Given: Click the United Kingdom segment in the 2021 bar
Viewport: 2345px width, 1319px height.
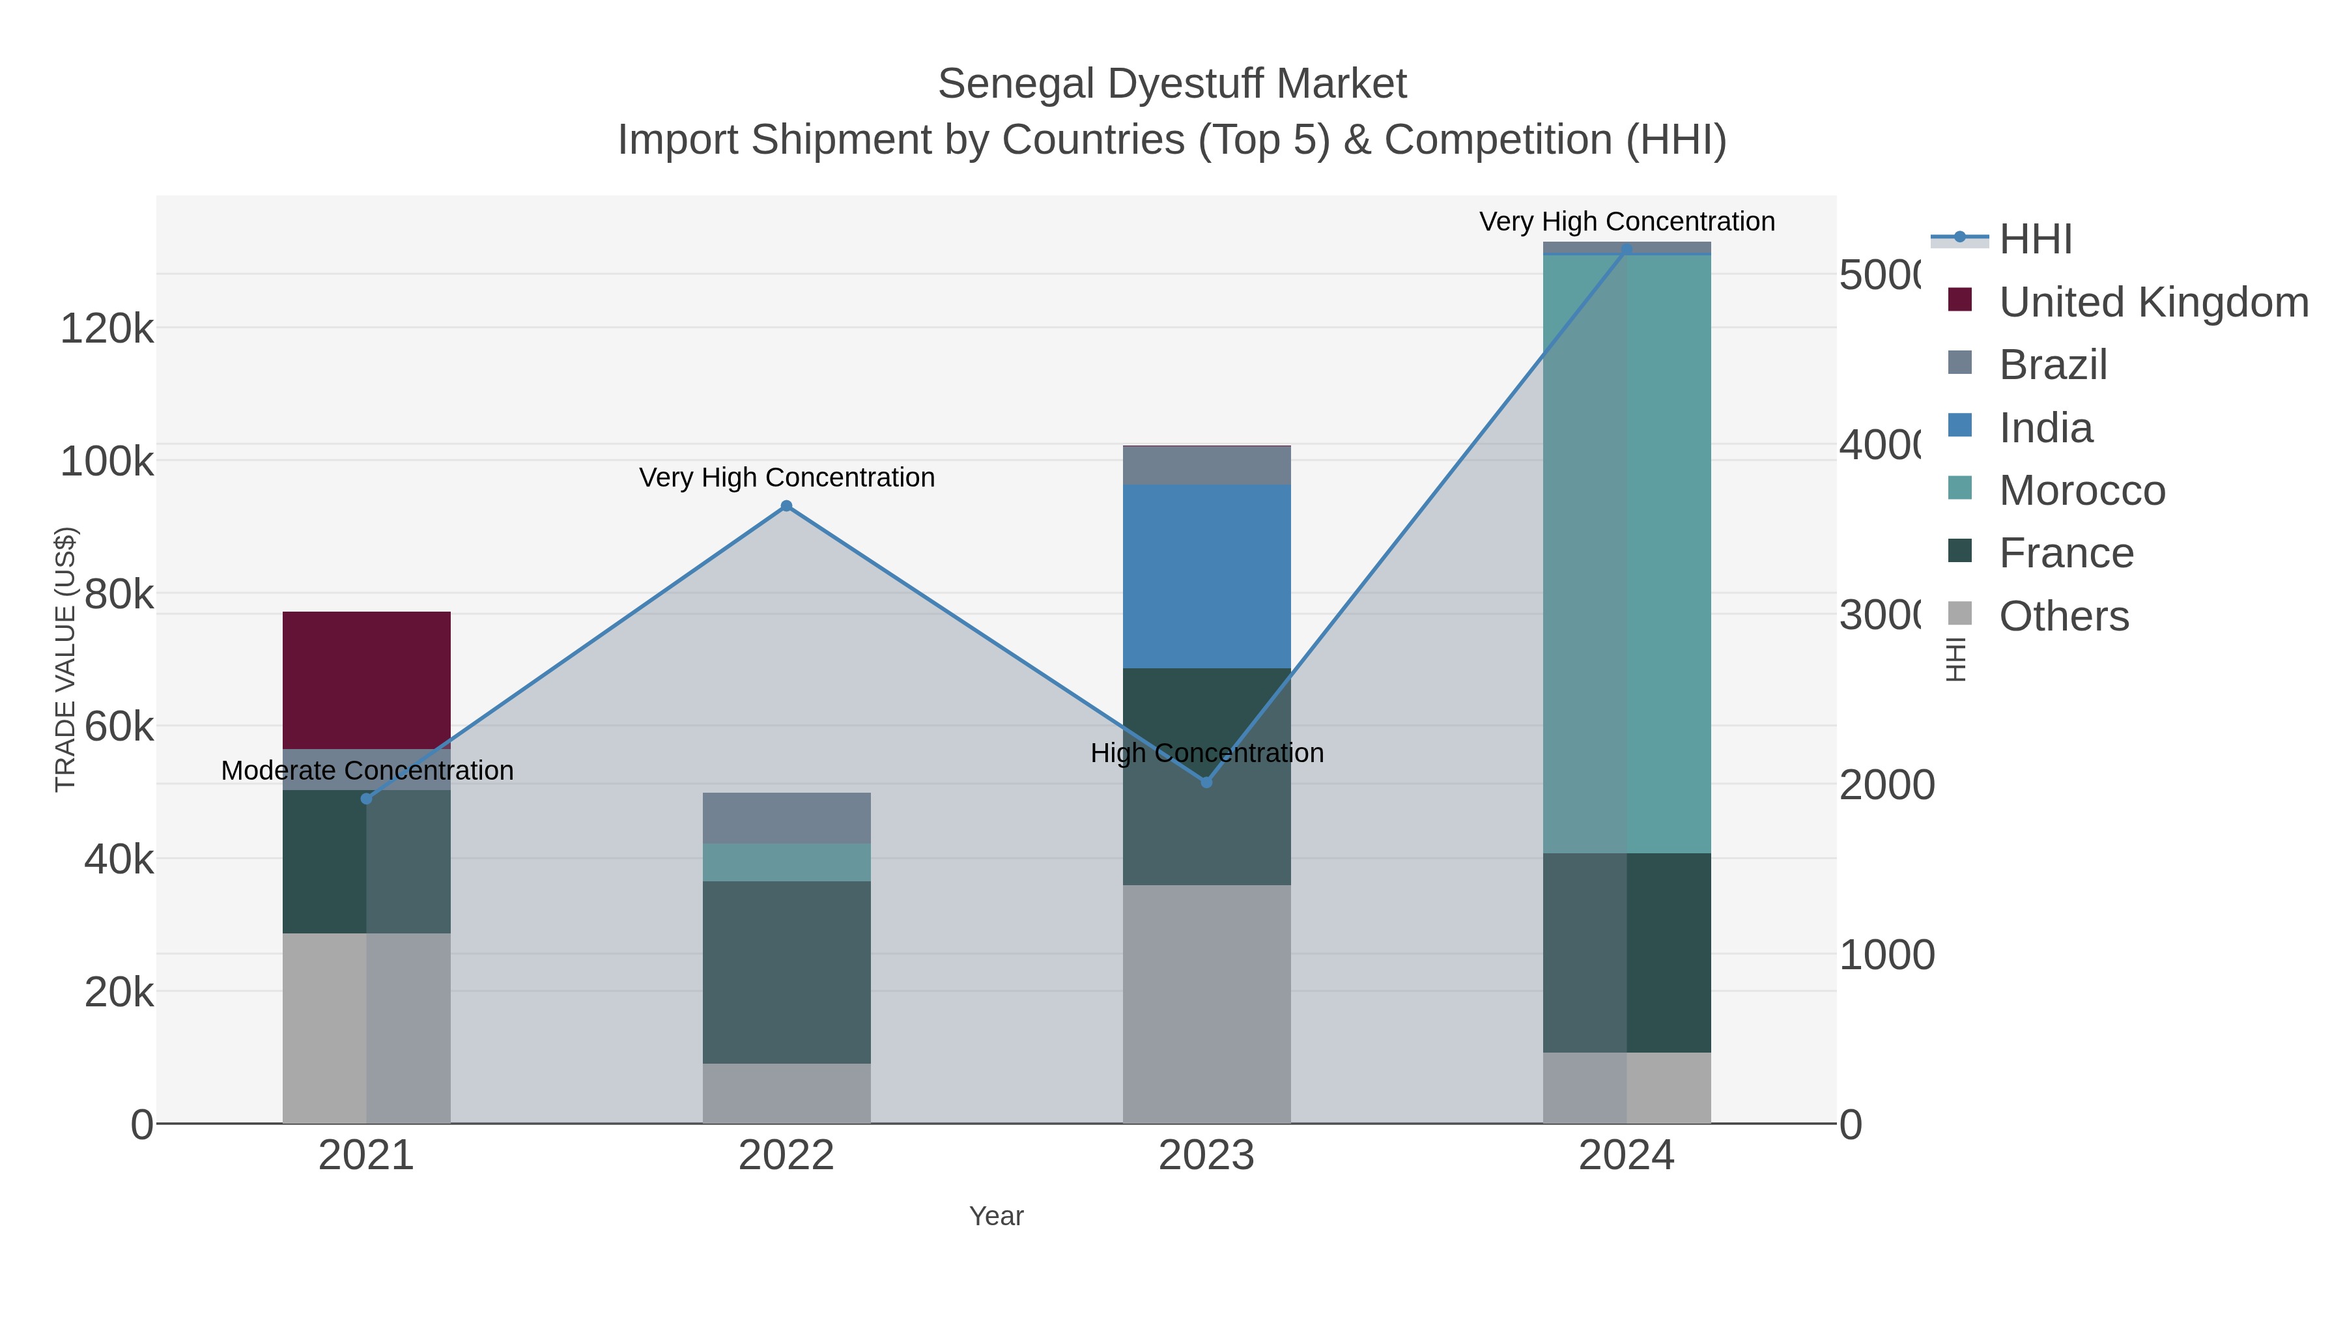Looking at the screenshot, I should [366, 679].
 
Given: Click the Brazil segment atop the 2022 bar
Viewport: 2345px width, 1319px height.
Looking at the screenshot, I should [786, 817].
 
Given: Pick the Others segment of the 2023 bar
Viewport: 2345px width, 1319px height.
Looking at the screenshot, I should [1206, 1003].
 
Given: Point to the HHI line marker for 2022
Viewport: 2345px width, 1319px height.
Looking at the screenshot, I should [786, 506].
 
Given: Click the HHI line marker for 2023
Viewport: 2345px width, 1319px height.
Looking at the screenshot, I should [1206, 782].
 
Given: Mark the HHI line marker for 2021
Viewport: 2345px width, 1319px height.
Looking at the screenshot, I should [366, 799].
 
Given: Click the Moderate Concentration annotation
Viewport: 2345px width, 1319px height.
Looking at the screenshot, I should [367, 770].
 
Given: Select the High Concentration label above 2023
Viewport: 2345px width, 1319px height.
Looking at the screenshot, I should [1206, 753].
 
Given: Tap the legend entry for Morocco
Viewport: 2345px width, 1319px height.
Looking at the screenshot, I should [2081, 490].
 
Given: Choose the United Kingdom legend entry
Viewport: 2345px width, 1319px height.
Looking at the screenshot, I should [2152, 302].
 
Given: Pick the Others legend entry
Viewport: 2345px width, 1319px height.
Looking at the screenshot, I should [2063, 616].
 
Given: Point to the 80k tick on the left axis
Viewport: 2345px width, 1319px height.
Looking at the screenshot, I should [119, 595].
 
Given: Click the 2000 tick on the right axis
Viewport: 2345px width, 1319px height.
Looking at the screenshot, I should [1886, 785].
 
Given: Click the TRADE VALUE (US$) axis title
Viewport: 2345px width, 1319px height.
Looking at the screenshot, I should [66, 659].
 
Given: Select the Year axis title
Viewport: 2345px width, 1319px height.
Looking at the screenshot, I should [996, 1216].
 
